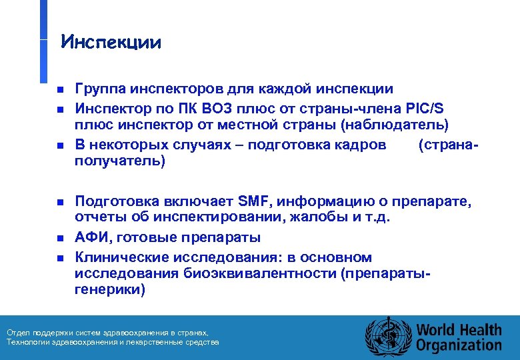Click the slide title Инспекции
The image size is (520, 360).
coord(111,43)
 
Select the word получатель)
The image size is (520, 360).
coord(119,161)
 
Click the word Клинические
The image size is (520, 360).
coord(122,257)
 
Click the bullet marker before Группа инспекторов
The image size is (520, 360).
coord(59,89)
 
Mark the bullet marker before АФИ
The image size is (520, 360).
coord(59,238)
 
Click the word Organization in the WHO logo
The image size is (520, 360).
coord(458,345)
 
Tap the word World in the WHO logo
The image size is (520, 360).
coord(436,329)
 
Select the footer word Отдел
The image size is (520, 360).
coord(17,333)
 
